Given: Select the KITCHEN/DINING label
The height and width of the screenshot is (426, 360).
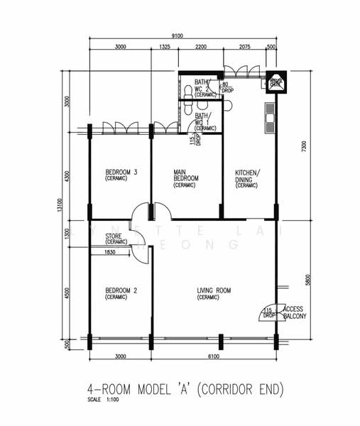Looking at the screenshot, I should pos(247,178).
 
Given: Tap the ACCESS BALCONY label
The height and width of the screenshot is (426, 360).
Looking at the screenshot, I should pos(295,312).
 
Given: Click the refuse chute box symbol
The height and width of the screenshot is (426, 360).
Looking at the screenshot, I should pos(276,82).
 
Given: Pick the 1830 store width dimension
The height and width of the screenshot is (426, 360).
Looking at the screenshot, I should pos(110,252).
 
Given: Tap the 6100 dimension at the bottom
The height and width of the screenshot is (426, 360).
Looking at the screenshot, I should pos(213,356).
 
